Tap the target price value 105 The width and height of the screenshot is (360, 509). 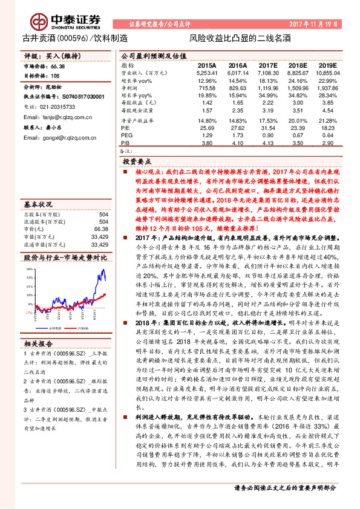[55, 76]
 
